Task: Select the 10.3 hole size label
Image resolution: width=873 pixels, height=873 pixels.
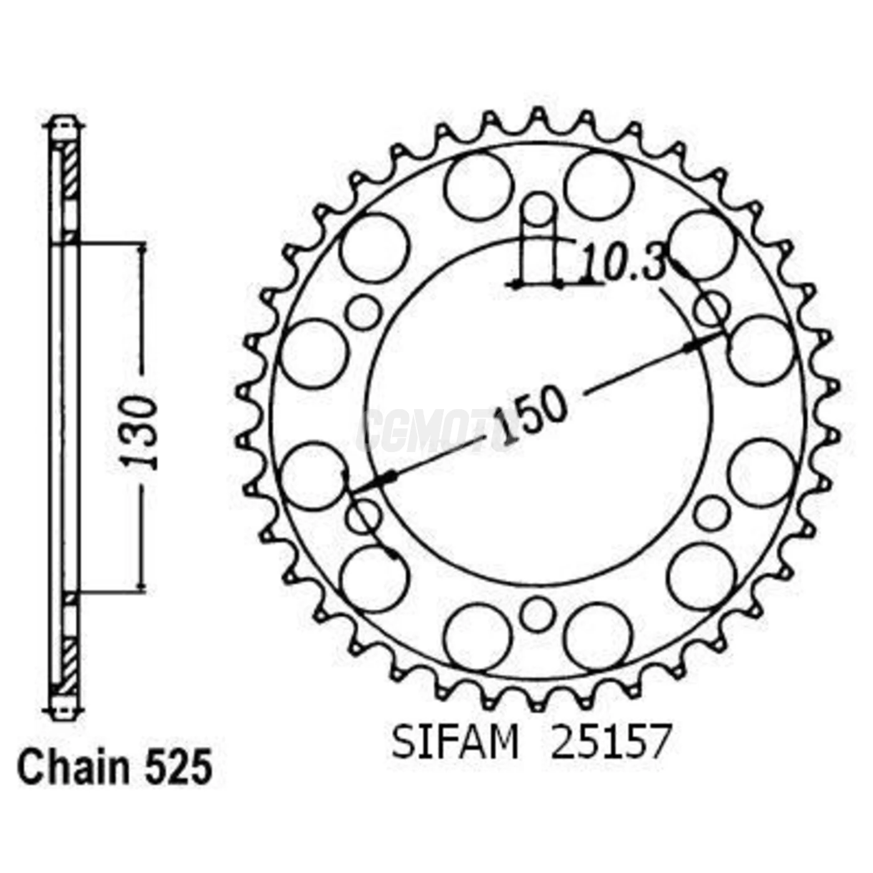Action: (x=623, y=262)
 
